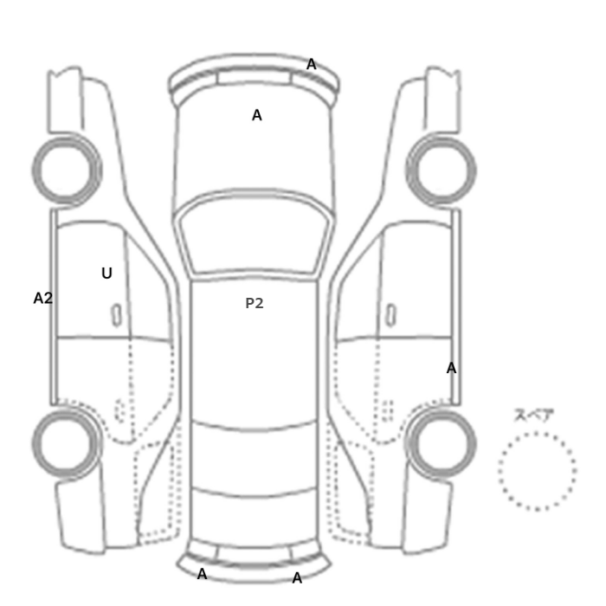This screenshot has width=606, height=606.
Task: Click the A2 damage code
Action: [43, 299]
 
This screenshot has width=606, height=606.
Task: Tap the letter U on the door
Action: [107, 274]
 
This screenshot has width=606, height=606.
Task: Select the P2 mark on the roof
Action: [255, 303]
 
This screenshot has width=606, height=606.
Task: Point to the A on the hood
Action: [257, 115]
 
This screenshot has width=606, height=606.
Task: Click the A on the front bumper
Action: [312, 64]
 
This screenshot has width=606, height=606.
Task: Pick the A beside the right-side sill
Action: [451, 368]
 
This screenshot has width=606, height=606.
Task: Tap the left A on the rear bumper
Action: [202, 574]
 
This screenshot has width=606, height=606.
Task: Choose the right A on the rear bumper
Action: [297, 578]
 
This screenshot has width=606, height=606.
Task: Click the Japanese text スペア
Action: [534, 415]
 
